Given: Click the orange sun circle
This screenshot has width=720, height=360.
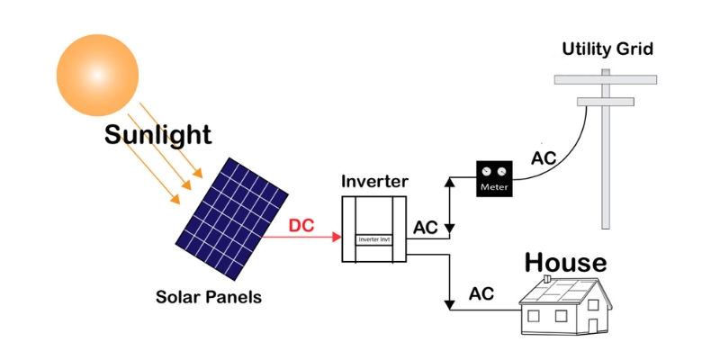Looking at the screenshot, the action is [x=97, y=75].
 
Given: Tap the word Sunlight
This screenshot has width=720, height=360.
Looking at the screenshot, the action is [x=158, y=135].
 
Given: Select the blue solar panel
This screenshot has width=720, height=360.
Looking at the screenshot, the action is [x=231, y=219].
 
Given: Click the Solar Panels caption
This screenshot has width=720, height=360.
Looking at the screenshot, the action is [x=209, y=297].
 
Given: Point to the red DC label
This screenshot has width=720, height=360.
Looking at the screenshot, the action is [x=301, y=226].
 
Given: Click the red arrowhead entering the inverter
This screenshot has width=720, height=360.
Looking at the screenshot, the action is [x=337, y=237].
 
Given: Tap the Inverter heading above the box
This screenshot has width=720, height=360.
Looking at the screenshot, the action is [x=374, y=182].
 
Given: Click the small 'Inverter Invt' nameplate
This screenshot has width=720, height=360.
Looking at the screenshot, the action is [x=374, y=239].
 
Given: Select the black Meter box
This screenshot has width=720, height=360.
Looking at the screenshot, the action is [x=494, y=178].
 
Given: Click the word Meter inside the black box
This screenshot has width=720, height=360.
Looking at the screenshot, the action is [x=494, y=187].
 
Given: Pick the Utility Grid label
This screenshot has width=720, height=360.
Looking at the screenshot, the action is [x=607, y=49].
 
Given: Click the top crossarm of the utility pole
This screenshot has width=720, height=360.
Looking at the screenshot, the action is [x=605, y=79].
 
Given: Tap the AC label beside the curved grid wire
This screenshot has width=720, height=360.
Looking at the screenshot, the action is [x=544, y=158].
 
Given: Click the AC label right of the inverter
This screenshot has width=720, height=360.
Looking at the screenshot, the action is [x=426, y=228].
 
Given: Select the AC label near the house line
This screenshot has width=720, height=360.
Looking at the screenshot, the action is [x=481, y=293].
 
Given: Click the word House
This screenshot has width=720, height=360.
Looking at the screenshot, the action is [x=565, y=262].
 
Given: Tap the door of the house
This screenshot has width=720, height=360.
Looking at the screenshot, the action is [x=593, y=326].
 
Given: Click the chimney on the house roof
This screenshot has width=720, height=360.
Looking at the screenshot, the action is [x=546, y=279].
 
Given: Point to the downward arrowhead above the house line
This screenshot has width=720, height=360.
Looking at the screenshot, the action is [x=450, y=304].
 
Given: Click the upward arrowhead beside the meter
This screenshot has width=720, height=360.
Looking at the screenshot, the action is [x=450, y=182].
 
